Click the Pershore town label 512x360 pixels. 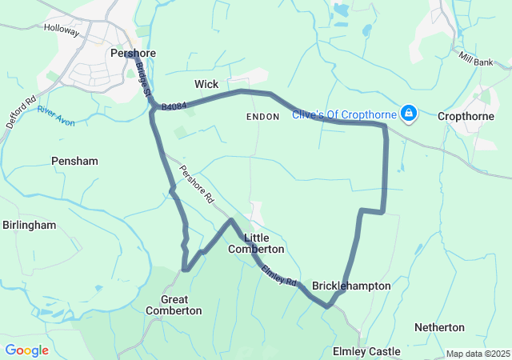pyautogui.click(x=133, y=54)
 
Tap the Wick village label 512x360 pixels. pyautogui.click(x=206, y=83)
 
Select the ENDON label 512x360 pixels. pyautogui.click(x=263, y=117)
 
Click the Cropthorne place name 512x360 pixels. pyautogui.click(x=465, y=115)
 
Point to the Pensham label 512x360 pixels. pyautogui.click(x=74, y=161)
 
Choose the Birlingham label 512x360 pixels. pyautogui.click(x=29, y=225)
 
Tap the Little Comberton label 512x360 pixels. pyautogui.click(x=256, y=243)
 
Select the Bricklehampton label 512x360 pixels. pyautogui.click(x=351, y=286)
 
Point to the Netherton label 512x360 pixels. pyautogui.click(x=439, y=327)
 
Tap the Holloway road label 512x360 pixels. pyautogui.click(x=62, y=31)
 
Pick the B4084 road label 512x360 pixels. pyautogui.click(x=174, y=105)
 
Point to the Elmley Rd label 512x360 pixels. pyautogui.click(x=279, y=276)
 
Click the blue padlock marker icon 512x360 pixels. pyautogui.click(x=409, y=114)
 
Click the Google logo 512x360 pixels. pyautogui.click(x=26, y=350)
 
